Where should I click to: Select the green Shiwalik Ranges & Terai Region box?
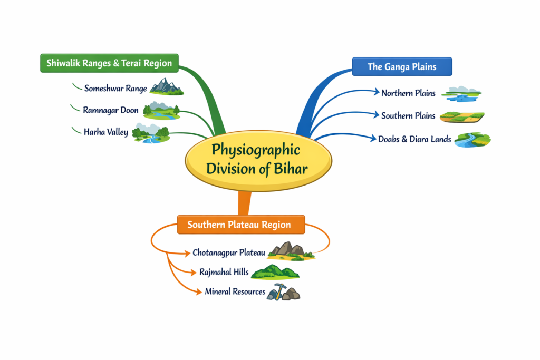(109, 63)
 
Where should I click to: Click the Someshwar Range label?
(115, 89)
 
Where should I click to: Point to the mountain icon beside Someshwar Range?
(166, 87)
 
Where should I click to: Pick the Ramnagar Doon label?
(111, 110)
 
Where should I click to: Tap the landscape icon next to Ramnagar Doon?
(161, 110)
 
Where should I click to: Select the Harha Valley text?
(105, 132)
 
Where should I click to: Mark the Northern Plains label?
(408, 93)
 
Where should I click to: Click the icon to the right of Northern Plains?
(461, 94)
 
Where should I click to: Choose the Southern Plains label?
(408, 116)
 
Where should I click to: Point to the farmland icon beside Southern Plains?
(461, 116)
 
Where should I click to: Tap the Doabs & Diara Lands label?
(414, 139)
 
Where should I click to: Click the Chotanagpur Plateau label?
(228, 252)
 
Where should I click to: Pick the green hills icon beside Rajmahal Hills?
(275, 272)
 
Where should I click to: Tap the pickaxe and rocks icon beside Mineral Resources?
(283, 291)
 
